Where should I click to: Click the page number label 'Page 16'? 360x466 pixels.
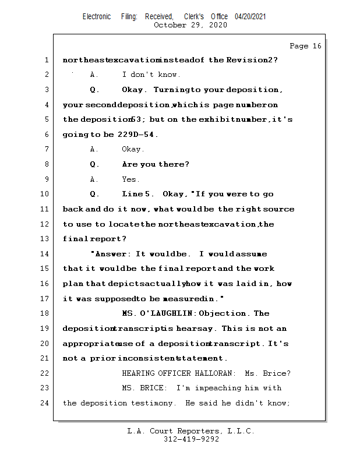pyautogui.click(x=305, y=46)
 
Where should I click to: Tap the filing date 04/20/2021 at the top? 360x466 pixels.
pyautogui.click(x=250, y=16)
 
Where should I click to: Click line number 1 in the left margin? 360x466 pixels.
pyautogui.click(x=46, y=60)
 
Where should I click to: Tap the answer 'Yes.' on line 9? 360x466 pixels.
pyautogui.click(x=130, y=179)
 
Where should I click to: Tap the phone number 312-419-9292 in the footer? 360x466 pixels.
pyautogui.click(x=191, y=440)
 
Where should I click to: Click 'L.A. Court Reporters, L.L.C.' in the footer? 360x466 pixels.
pyautogui.click(x=191, y=431)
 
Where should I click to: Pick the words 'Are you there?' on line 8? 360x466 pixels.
pyautogui.click(x=156, y=164)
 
